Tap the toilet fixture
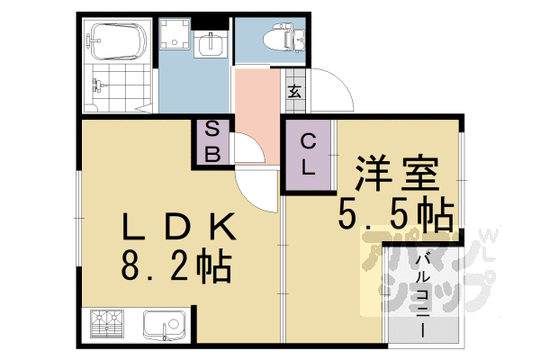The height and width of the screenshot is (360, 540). [x=274, y=39]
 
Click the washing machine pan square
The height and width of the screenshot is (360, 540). [x=174, y=37]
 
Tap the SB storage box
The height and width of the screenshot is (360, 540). [x=213, y=142]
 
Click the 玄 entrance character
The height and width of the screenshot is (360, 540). [x=294, y=89]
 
